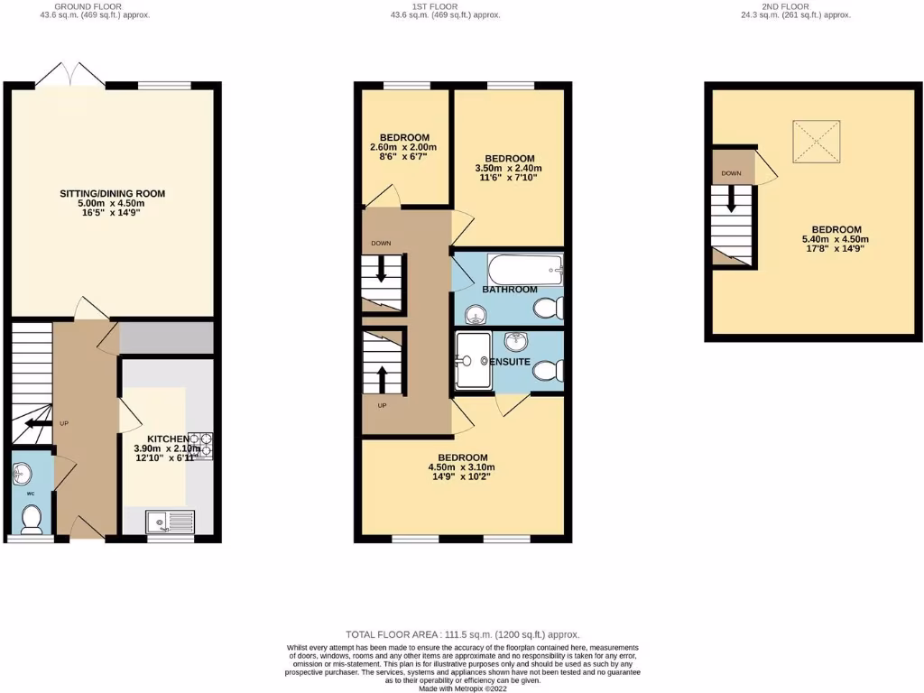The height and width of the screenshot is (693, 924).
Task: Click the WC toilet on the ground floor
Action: (32, 518)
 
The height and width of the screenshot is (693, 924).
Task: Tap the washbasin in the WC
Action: (25, 473)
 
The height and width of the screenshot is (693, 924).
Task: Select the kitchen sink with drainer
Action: (170, 521)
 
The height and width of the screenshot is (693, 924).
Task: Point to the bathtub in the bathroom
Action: (525, 268)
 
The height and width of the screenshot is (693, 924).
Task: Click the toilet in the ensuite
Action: (548, 371)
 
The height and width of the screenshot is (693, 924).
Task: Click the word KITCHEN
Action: (168, 439)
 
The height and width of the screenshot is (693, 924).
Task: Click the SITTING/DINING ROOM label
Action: (113, 193)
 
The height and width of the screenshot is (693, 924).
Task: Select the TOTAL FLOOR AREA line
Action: (462, 634)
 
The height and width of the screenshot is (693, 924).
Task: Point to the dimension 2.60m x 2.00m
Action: (403, 147)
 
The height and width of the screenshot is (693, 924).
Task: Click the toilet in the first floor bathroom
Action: (548, 309)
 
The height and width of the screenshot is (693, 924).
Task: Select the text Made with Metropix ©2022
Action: (462, 688)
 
